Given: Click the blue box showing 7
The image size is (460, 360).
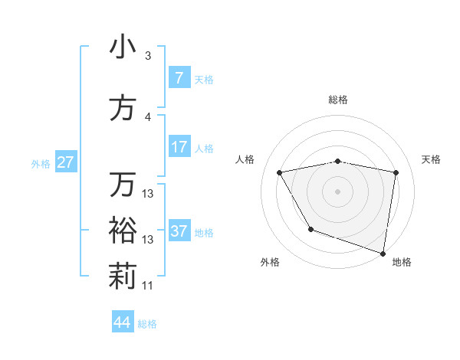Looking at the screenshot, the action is tap(179, 78).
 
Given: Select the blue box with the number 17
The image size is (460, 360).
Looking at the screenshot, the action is tap(179, 147).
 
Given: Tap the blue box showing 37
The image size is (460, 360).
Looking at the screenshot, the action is tap(179, 231).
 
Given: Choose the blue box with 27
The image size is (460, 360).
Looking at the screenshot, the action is tap(66, 162).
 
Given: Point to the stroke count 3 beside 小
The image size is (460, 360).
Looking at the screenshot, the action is tap(148, 56).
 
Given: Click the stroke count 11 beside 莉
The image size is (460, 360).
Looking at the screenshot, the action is tap(148, 286).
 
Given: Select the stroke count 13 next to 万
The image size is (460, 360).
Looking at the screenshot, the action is tap(148, 194).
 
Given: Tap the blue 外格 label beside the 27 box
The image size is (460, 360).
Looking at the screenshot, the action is tap(41, 163).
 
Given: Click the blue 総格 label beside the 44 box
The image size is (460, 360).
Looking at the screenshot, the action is tap(147, 323).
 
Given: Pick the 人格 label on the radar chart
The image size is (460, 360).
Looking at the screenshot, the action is tap(245, 159).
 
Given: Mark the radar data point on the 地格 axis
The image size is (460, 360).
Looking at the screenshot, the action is tap(383, 253).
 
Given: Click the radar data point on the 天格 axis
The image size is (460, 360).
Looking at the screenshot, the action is tap(396, 172).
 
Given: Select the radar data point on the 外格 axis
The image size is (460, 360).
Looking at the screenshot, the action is tap(310, 229).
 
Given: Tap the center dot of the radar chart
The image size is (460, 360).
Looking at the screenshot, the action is tap(337, 191).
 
